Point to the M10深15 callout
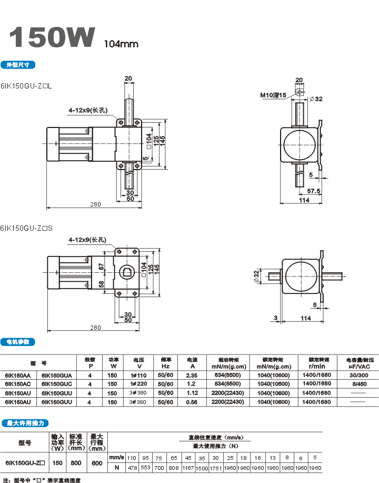272,95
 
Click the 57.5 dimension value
314,191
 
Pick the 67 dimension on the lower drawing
102,267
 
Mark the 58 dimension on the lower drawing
102,284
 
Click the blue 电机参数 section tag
18,342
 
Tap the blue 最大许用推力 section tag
25,423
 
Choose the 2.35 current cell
192,375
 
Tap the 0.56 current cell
192,402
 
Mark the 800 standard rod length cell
77,463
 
